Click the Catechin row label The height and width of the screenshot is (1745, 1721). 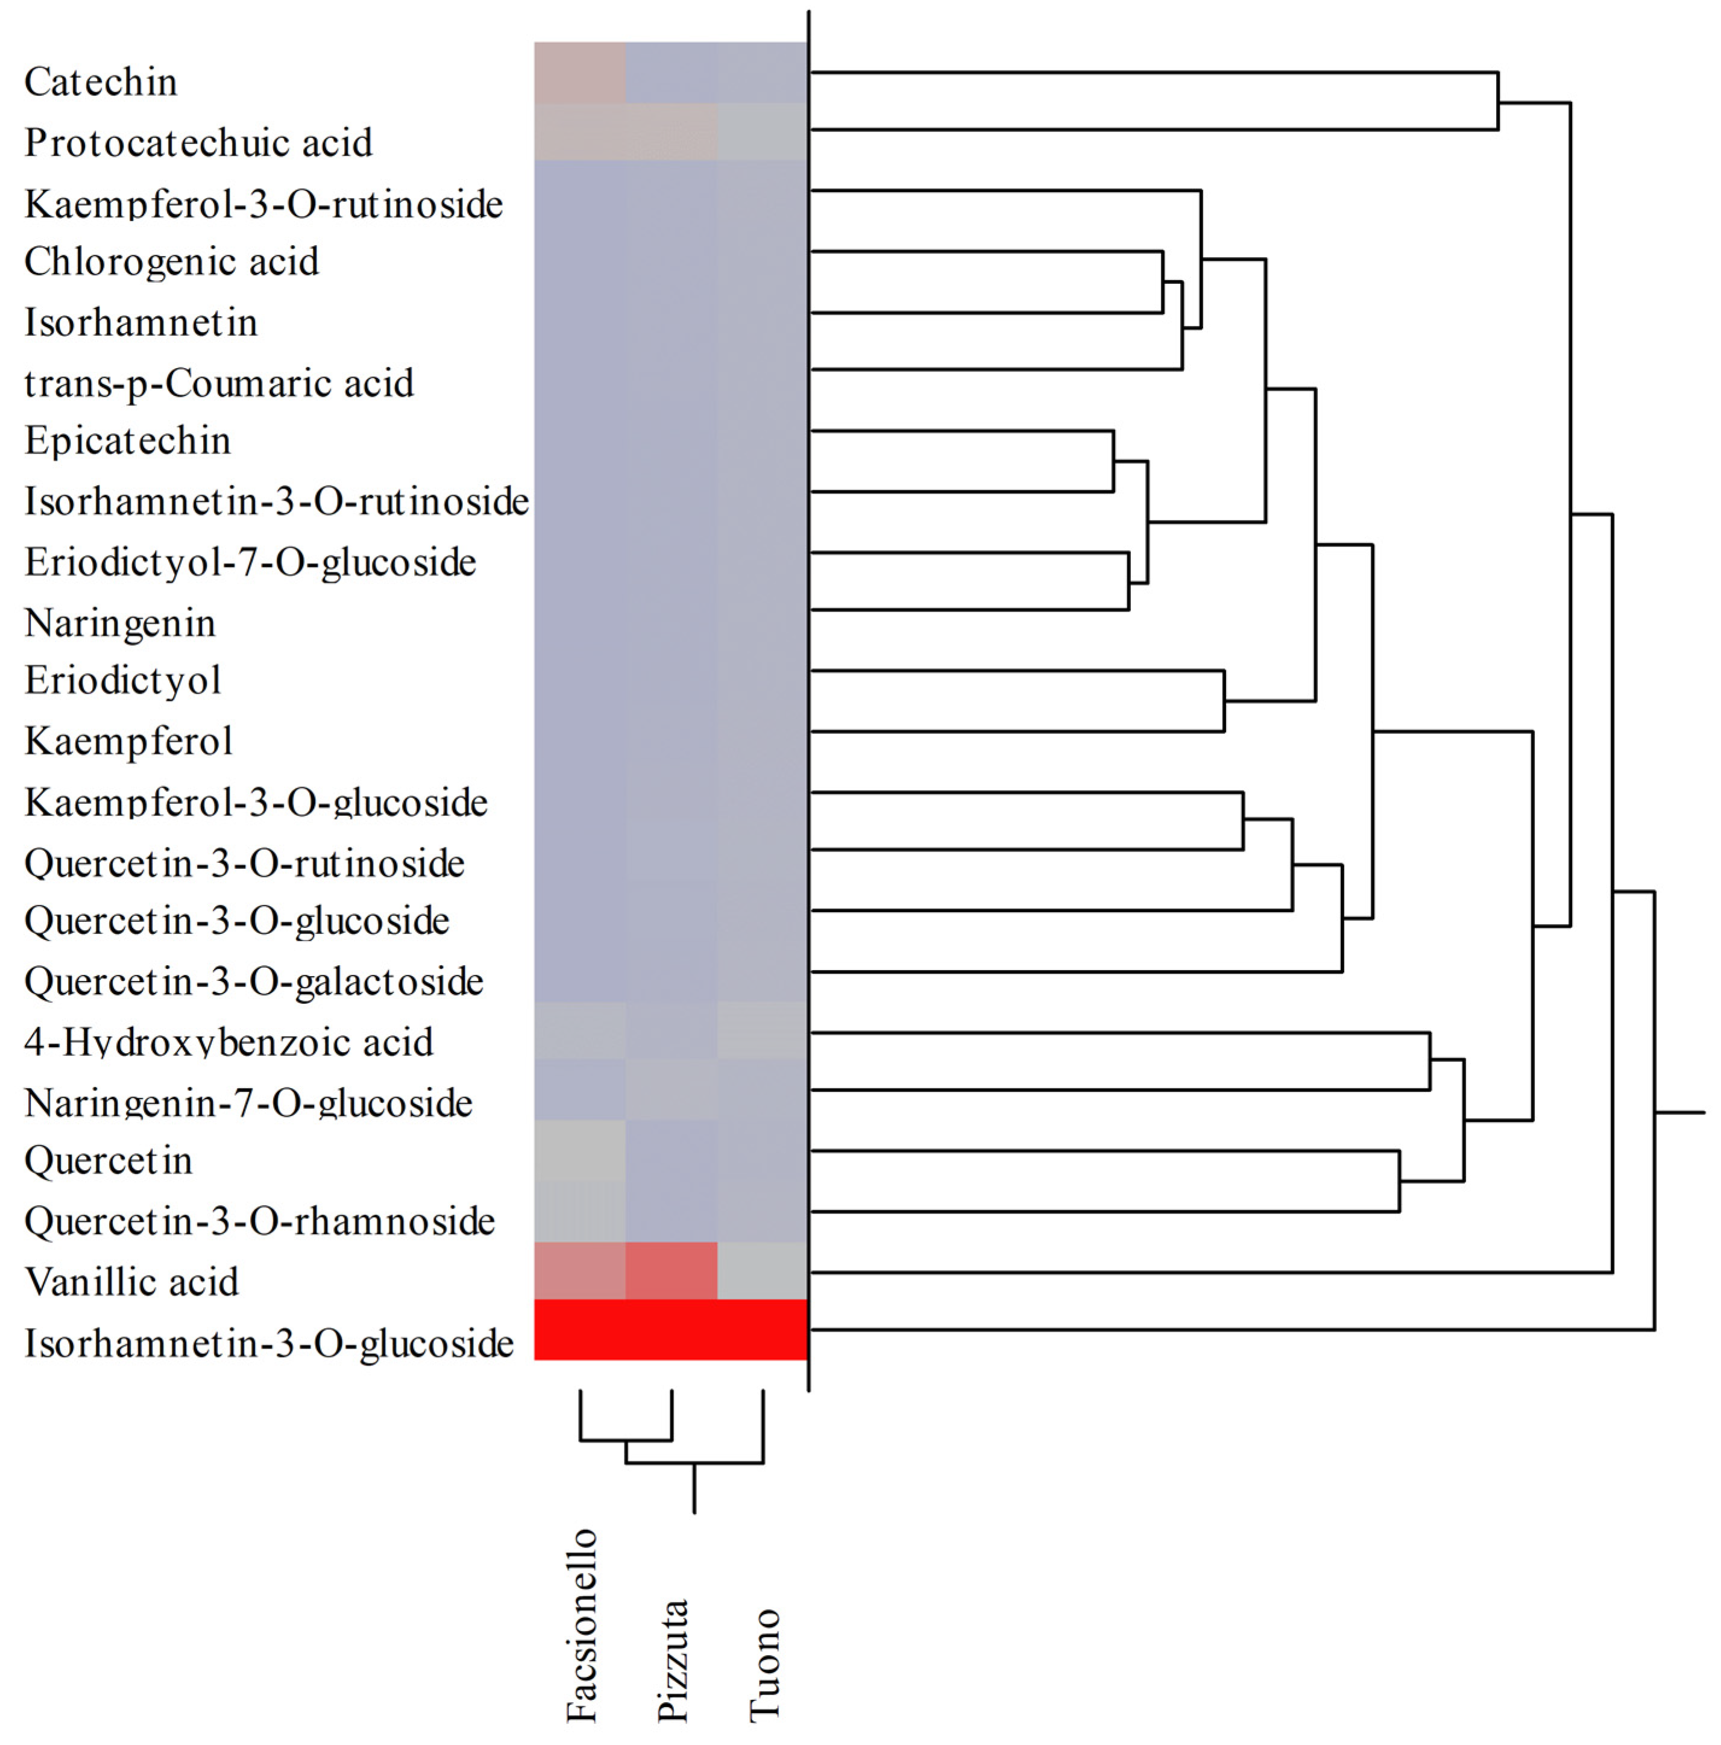pyautogui.click(x=100, y=82)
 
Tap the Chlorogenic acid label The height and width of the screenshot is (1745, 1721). pyautogui.click(x=171, y=262)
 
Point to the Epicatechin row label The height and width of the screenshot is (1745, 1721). pyautogui.click(x=127, y=440)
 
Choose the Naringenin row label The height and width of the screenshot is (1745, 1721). pyautogui.click(x=120, y=623)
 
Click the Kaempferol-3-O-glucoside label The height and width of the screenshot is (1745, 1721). pyautogui.click(x=256, y=802)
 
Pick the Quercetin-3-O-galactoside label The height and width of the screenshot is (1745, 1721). pyautogui.click(x=254, y=982)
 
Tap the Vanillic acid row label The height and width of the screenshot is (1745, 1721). pyautogui.click(x=131, y=1282)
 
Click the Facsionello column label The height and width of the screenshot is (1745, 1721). pyautogui.click(x=581, y=1626)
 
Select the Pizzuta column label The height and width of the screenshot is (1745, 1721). pyautogui.click(x=672, y=1660)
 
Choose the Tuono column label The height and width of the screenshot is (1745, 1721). pyautogui.click(x=763, y=1665)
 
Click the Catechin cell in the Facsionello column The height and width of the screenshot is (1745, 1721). pyautogui.click(x=580, y=72)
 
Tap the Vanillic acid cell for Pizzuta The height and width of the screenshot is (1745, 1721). pyautogui.click(x=672, y=1271)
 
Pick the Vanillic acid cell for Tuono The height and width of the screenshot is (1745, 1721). pyautogui.click(x=763, y=1271)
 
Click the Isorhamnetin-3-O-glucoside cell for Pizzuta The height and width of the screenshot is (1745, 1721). pyautogui.click(x=672, y=1329)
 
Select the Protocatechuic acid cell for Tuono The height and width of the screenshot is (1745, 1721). pyautogui.click(x=763, y=132)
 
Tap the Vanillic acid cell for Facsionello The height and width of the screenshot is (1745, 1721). pyautogui.click(x=580, y=1271)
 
